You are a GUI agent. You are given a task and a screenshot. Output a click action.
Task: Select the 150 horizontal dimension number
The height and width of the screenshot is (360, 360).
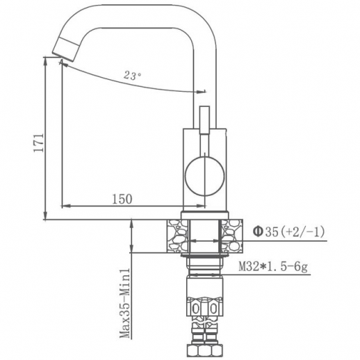(x=122, y=199)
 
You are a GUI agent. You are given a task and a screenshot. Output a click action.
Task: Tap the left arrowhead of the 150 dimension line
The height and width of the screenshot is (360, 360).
(x=66, y=206)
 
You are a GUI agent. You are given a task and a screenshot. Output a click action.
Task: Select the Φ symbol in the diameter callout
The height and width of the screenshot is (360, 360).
(x=256, y=231)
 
